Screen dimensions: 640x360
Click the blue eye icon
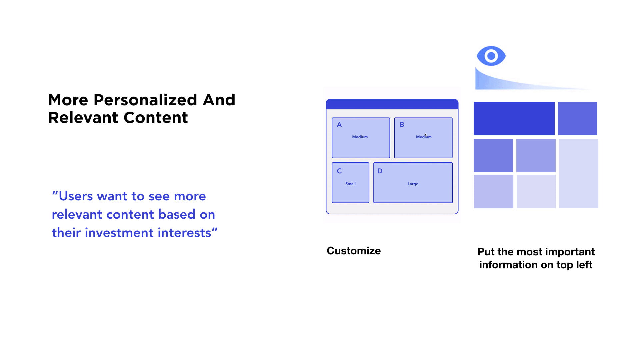point(491,56)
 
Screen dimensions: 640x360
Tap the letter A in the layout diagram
point(339,125)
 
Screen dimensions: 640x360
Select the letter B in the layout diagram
point(402,125)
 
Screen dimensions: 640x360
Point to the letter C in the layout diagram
point(339,171)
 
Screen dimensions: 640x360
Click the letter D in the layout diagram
point(380,171)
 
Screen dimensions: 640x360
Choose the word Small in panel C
point(350,184)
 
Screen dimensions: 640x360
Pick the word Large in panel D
point(413,184)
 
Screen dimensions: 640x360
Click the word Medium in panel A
point(360,137)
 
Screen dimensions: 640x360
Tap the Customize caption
point(354,251)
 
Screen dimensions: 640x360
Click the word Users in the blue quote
point(76,196)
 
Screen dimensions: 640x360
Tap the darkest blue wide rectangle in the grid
point(514,119)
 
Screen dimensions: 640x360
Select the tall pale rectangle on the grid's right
point(579,173)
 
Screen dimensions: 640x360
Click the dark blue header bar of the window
point(392,104)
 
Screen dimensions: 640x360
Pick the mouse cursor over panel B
point(425,135)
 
